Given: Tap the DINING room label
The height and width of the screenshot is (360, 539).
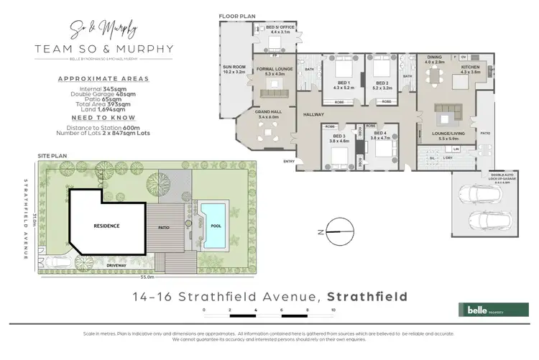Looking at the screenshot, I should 435,59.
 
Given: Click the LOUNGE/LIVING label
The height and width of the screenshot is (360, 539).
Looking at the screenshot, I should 448,134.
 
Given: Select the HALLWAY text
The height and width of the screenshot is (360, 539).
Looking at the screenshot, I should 313,115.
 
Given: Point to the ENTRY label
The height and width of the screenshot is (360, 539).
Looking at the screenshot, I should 290,161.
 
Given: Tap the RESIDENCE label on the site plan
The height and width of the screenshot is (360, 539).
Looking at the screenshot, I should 106,226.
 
